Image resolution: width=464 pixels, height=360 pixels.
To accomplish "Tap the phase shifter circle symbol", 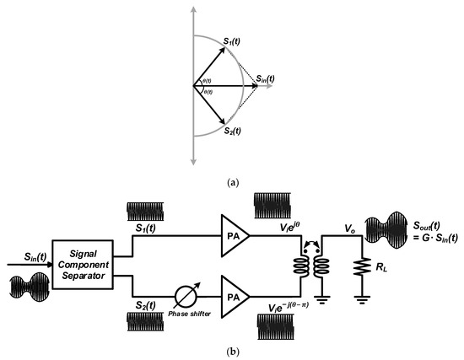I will pos(180,296).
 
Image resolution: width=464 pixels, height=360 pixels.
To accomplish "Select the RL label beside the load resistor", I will pos(380,274).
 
